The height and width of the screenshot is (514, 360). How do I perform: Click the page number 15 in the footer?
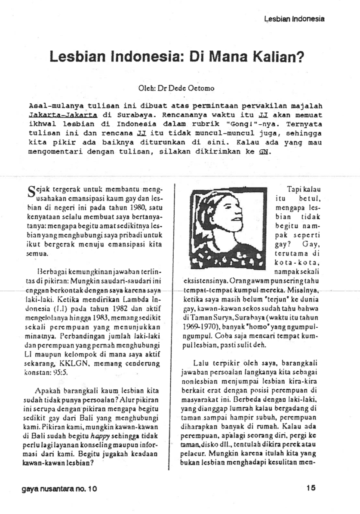tap(311, 488)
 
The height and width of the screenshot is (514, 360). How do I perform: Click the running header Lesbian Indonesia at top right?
tap(294, 19)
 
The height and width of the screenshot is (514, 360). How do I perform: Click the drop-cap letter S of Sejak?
tap(31, 191)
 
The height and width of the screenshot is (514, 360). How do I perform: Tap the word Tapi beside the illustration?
tap(295, 189)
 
